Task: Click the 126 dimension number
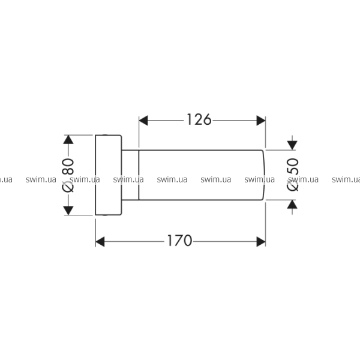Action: click(199, 119)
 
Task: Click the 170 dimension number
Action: click(179, 241)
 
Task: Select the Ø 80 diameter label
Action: click(68, 175)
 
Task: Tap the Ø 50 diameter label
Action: click(293, 175)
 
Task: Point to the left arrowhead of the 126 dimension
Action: click(143, 121)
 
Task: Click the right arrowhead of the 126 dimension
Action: click(261, 121)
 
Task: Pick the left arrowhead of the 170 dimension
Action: click(100, 242)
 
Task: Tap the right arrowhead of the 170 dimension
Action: click(261, 242)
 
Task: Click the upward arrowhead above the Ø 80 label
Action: click(68, 140)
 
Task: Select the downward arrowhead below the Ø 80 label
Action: click(68, 211)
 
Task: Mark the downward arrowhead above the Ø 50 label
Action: click(292, 145)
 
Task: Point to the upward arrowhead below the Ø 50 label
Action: click(292, 205)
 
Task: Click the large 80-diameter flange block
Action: click(109, 175)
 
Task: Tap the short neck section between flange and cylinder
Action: click(130, 175)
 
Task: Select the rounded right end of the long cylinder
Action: click(263, 175)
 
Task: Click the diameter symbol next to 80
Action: click(68, 186)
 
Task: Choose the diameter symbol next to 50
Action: click(293, 185)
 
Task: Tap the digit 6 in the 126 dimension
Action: click(207, 119)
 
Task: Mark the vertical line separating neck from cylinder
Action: click(139, 175)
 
